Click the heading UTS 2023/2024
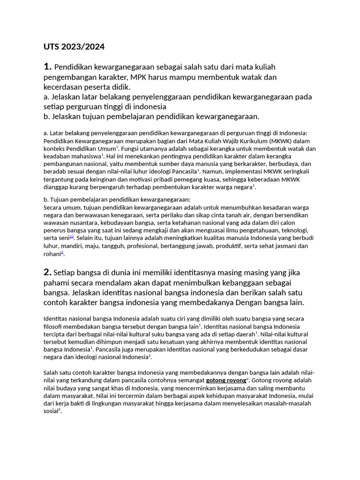(74, 47)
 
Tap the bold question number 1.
(48, 67)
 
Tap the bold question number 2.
(47, 272)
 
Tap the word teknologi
(292, 230)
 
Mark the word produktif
(252, 246)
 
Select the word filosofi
(54, 326)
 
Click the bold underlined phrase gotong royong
(225, 380)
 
